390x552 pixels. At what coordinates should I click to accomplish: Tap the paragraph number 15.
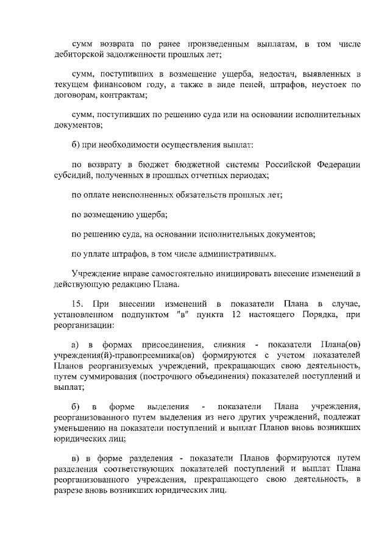tap(77, 303)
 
